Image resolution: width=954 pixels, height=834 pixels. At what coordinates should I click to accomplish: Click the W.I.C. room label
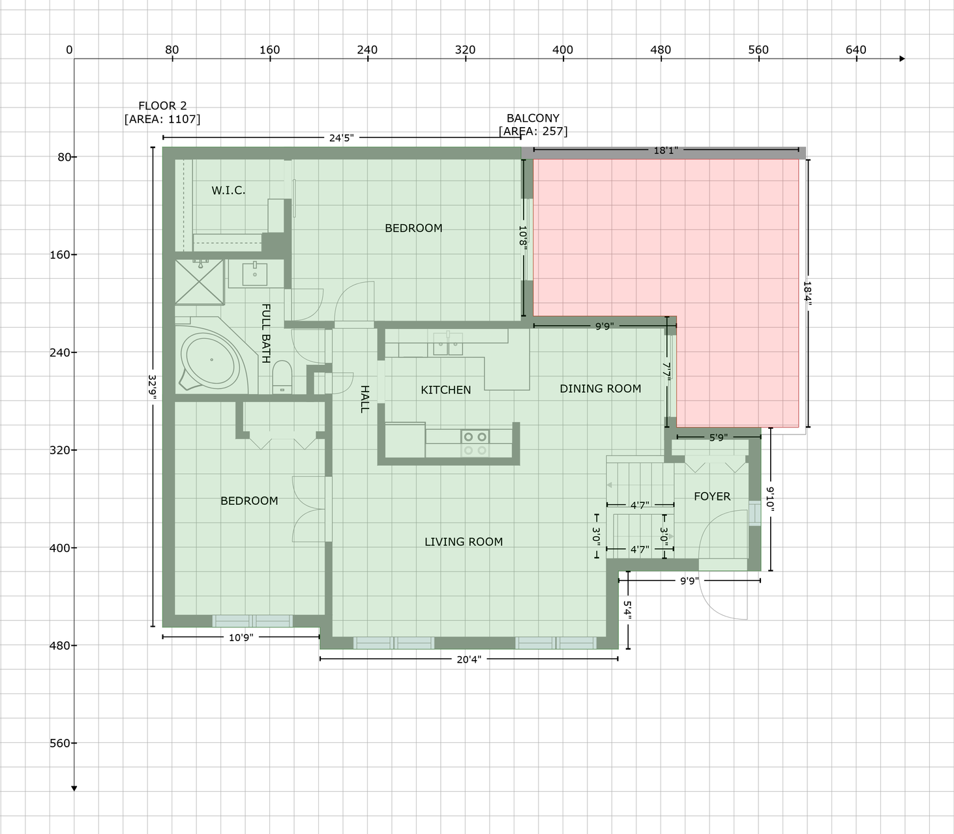(228, 190)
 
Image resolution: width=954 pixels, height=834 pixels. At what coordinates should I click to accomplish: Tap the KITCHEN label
(446, 390)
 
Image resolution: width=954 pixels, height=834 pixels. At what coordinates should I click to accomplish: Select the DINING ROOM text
(600, 388)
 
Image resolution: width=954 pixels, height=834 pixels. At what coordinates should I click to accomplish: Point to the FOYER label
(712, 496)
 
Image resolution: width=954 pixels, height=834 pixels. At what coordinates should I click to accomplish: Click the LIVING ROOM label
(464, 542)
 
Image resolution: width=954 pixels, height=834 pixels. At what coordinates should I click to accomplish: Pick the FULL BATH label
(266, 334)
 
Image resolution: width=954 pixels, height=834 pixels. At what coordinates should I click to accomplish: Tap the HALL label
(365, 399)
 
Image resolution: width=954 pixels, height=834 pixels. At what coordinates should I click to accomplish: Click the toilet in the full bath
(282, 377)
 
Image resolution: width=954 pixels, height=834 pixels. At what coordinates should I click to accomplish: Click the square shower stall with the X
(200, 282)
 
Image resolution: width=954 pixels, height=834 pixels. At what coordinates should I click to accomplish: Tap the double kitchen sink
(447, 344)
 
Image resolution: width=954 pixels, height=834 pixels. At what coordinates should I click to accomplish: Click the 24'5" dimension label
(342, 138)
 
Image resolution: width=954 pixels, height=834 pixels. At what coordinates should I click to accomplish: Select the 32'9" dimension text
(152, 388)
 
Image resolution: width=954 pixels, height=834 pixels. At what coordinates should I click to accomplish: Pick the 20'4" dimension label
(469, 659)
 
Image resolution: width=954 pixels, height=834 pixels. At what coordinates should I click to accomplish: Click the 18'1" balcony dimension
(666, 150)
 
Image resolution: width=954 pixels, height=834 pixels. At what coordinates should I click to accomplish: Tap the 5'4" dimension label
(627, 611)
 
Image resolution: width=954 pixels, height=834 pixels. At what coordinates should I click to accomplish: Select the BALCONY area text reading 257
(533, 132)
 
